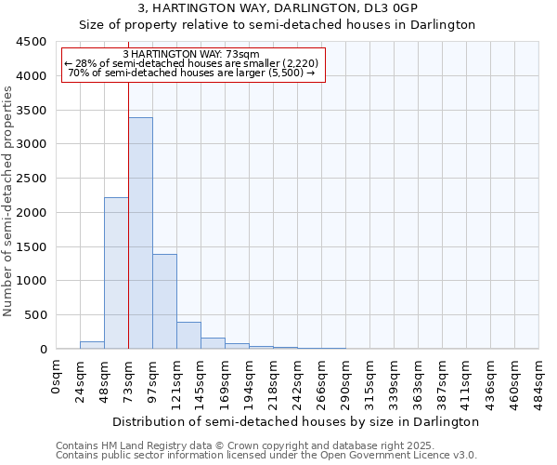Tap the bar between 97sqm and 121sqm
(x=164, y=301)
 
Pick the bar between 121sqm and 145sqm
(x=188, y=336)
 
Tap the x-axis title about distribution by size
(x=297, y=421)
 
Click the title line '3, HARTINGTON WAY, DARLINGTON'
(x=277, y=7)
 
